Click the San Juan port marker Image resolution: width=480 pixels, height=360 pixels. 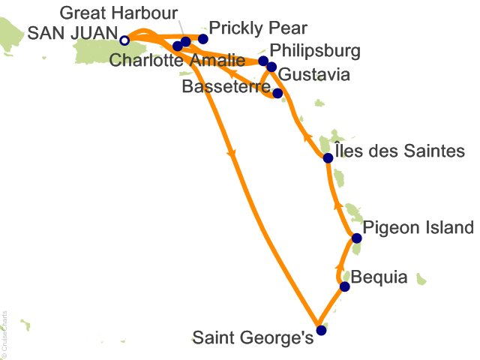click(x=125, y=40)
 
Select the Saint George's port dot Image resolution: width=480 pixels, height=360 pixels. click(x=321, y=330)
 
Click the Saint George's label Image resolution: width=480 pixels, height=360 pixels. click(x=253, y=339)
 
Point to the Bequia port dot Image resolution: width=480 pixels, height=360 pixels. click(x=345, y=286)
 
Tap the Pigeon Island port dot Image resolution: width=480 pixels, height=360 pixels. click(x=357, y=238)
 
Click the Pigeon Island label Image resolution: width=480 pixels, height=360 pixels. click(x=418, y=228)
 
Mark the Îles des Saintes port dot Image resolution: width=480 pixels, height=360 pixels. click(x=328, y=157)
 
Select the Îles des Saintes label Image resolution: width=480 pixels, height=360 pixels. click(x=400, y=152)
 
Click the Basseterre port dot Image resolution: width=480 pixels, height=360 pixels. click(x=277, y=94)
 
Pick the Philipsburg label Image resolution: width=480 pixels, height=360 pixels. click(x=315, y=52)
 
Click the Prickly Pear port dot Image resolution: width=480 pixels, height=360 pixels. click(x=202, y=37)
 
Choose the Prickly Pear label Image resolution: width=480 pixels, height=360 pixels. click(x=259, y=28)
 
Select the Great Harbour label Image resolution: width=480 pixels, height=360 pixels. click(x=118, y=13)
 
